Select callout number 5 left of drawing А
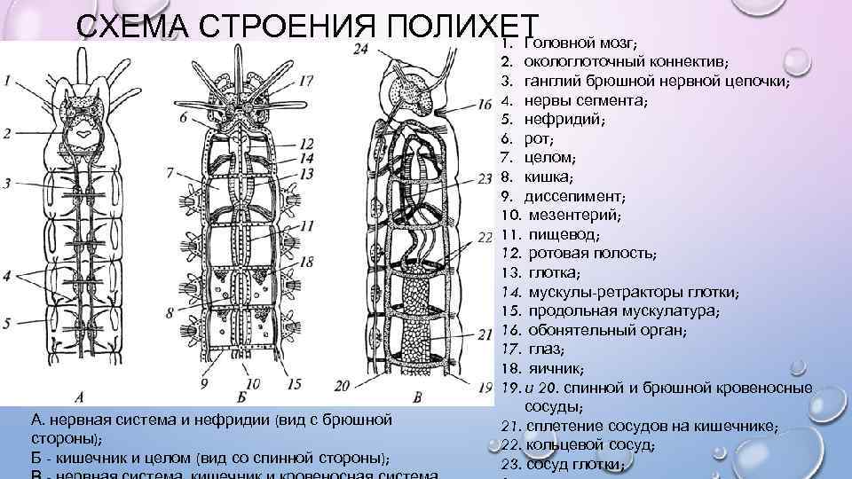click(8, 323)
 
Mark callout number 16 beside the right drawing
click(485, 105)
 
